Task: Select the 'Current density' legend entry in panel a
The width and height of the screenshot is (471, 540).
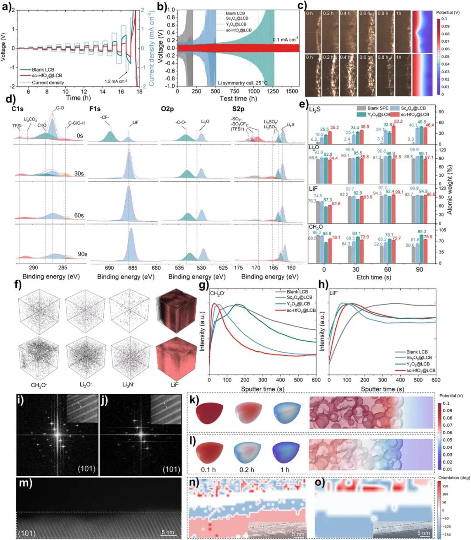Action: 48,83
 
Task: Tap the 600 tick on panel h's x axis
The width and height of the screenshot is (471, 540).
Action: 436,380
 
